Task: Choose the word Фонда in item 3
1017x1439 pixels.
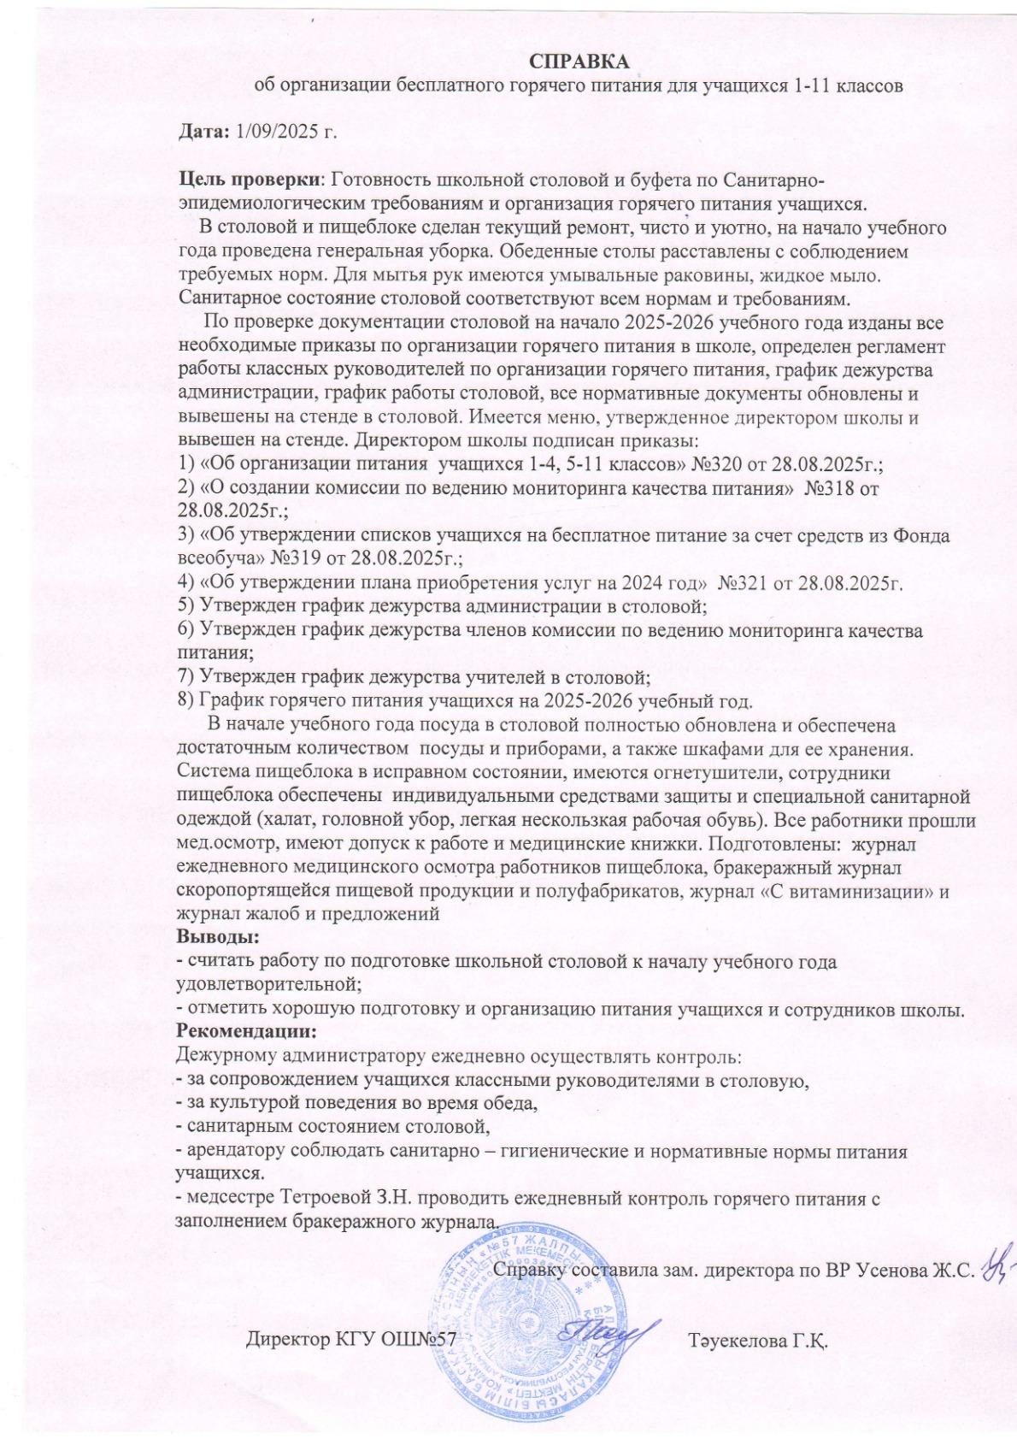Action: pos(922,536)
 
